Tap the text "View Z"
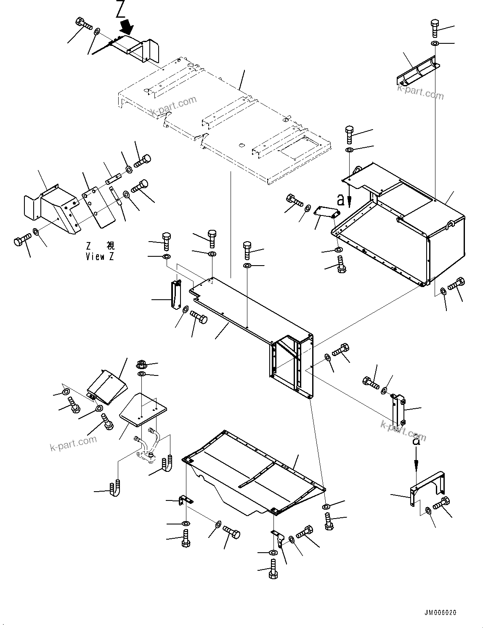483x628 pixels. pyautogui.click(x=100, y=256)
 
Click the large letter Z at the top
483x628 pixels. pyautogui.click(x=120, y=10)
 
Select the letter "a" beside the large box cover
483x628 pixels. pyautogui.click(x=342, y=199)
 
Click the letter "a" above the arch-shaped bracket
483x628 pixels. pyautogui.click(x=416, y=442)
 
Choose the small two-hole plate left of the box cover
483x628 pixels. pyautogui.click(x=327, y=213)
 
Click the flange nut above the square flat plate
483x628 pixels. pyautogui.click(x=141, y=364)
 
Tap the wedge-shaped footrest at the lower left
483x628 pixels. pyautogui.click(x=106, y=387)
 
